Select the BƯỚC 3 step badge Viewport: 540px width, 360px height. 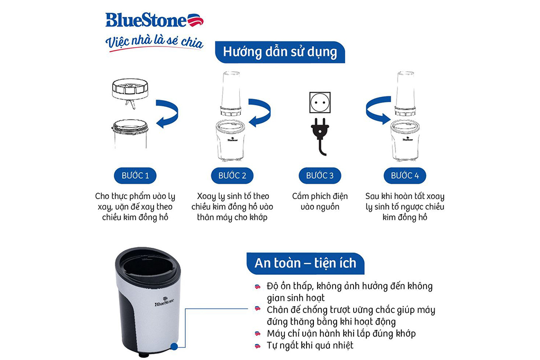pos(320,175)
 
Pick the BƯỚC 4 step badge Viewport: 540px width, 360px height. pos(408,175)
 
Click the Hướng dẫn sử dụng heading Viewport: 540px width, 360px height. pos(280,52)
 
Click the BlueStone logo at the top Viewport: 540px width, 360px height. pos(154,21)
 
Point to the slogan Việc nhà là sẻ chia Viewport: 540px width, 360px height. pos(154,42)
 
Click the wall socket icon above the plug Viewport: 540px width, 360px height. pos(320,103)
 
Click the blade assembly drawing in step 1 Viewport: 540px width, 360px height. pos(129,92)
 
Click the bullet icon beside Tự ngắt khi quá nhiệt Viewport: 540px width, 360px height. pos(257,346)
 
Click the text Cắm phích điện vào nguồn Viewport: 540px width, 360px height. pos(320,202)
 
